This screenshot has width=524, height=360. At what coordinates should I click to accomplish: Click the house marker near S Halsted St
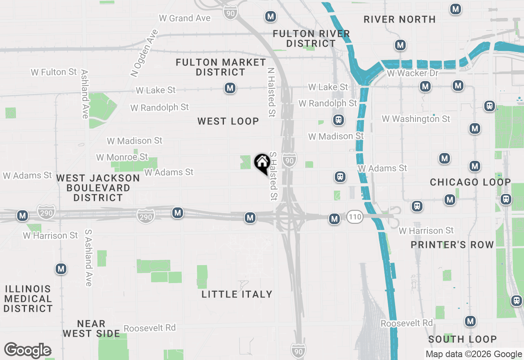coord(262,163)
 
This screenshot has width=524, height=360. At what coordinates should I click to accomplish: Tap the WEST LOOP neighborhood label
coord(228,121)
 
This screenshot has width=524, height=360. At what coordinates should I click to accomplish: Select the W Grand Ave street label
coord(184,18)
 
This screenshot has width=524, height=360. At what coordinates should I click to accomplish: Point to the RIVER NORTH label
coord(400,19)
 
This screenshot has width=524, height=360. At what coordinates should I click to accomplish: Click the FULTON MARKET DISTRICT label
coord(221,67)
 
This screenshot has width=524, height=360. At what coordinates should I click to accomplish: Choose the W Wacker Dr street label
coord(412,73)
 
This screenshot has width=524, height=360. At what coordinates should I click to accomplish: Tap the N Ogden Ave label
coord(144,53)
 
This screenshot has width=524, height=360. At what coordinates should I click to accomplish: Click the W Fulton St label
coord(54,72)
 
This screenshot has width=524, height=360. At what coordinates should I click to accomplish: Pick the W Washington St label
coord(416,119)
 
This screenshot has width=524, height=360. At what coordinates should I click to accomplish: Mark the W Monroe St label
coord(122,157)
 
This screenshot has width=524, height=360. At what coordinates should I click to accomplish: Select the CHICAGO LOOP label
coord(470,182)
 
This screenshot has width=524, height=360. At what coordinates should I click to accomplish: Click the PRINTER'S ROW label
coord(452,245)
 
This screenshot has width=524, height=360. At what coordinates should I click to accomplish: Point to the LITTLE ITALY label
coord(237,294)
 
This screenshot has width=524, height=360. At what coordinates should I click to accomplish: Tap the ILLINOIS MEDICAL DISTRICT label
coord(28,299)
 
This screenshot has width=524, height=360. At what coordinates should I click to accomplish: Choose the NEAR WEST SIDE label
coord(91,328)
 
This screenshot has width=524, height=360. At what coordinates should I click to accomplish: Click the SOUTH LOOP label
coord(463,339)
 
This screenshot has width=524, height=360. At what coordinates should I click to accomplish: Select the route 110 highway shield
coord(355,217)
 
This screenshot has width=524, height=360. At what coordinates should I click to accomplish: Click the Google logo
coord(28,351)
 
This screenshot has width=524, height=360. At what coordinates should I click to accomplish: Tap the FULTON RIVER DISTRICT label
coord(311,38)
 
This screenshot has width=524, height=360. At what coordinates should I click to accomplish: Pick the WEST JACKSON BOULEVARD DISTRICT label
coord(98,188)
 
